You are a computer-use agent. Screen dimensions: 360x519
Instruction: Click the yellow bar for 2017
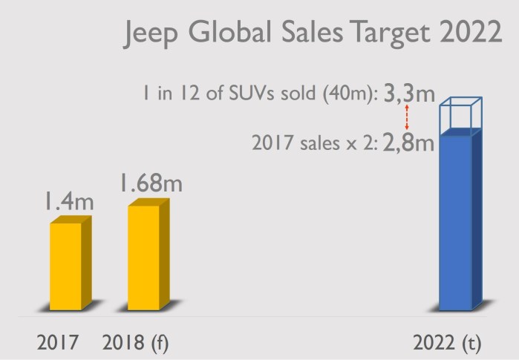[66, 266]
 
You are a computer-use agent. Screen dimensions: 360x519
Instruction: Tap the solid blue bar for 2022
[456, 222]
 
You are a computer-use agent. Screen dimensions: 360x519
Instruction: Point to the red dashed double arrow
[407, 117]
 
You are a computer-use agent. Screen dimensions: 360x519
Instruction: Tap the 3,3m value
[409, 95]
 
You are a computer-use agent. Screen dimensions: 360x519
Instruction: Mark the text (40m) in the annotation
[353, 96]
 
